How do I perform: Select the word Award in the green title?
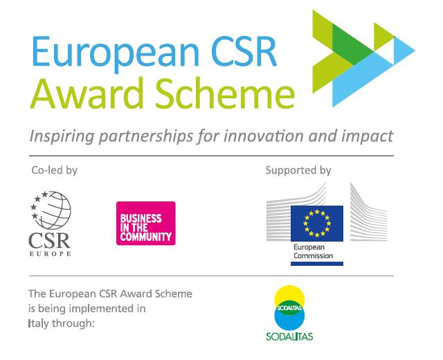tap(87, 93)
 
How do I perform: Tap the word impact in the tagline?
tap(367, 137)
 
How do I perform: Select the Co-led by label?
tap(54, 170)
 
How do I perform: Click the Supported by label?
tap(298, 170)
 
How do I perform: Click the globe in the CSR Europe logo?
tap(55, 210)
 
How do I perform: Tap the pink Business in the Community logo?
tap(146, 223)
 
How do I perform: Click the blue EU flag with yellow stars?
tap(317, 224)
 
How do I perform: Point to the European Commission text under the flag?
tap(313, 251)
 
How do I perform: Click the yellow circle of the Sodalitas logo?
tap(289, 296)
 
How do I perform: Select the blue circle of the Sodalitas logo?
tap(289, 320)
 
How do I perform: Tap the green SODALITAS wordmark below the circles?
tap(289, 336)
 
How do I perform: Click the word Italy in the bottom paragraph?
tap(38, 323)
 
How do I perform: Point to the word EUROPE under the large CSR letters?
tap(50, 253)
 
